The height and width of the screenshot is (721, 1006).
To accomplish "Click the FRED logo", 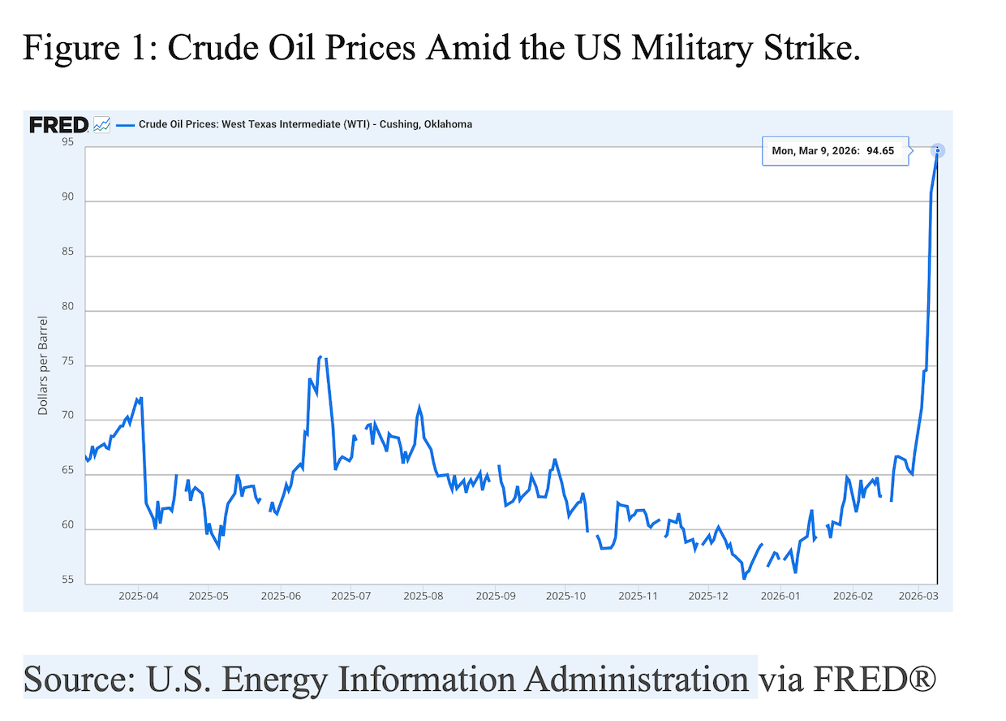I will (x=58, y=124).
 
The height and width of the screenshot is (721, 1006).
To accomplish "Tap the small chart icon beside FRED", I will (x=102, y=124).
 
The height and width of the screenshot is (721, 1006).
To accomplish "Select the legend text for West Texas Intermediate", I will (x=305, y=124).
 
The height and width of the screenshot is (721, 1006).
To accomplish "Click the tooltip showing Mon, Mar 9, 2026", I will (x=834, y=151).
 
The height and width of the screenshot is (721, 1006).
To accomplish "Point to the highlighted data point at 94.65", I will (x=937, y=150).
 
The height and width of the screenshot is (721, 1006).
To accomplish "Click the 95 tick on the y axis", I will (x=67, y=143).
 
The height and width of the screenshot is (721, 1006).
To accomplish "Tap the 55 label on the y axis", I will (x=67, y=581).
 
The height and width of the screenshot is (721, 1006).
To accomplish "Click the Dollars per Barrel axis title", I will (x=43, y=365).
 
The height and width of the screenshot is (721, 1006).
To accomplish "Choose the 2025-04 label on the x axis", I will (x=137, y=596).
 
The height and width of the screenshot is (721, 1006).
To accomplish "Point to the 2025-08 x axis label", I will (x=423, y=596).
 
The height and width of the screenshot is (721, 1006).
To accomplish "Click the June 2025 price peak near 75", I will (x=320, y=356).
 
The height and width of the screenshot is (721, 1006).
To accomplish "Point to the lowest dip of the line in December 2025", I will (x=744, y=578).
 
